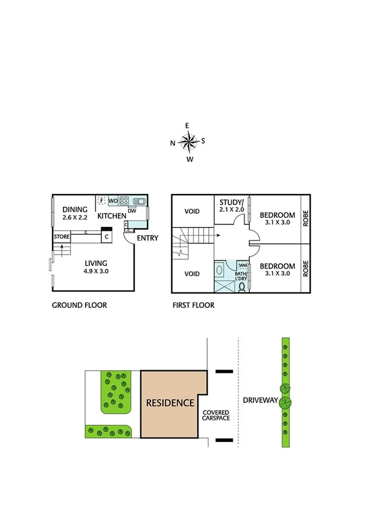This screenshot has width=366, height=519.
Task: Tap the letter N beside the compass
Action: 173,143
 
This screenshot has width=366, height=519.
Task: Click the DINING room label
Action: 75,209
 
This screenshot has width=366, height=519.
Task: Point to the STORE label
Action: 61,236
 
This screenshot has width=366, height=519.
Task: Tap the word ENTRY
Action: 148,238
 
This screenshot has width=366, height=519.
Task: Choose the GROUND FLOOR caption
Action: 79,305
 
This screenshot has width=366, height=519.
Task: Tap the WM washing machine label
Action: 242,265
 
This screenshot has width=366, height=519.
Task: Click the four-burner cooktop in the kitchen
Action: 124,200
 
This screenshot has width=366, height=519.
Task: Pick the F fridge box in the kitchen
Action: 102,200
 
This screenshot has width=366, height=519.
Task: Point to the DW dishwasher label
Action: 131,211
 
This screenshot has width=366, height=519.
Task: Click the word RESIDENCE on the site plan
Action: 170,403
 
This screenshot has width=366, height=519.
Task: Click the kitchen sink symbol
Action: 138,200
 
